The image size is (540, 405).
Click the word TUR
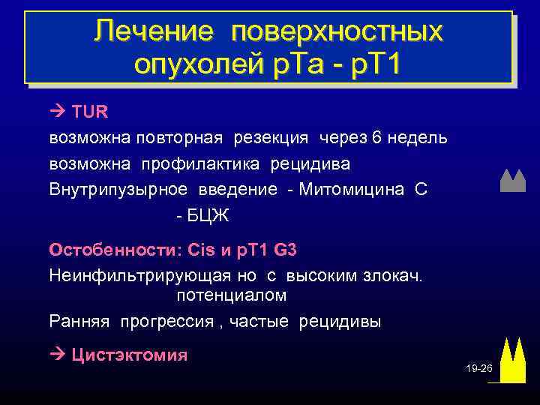[x=90, y=112]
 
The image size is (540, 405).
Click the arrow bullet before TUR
[x=58, y=112]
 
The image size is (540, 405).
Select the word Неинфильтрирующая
[x=130, y=274]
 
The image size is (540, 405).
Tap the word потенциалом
[x=232, y=295]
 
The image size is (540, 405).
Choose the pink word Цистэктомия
[x=129, y=355]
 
